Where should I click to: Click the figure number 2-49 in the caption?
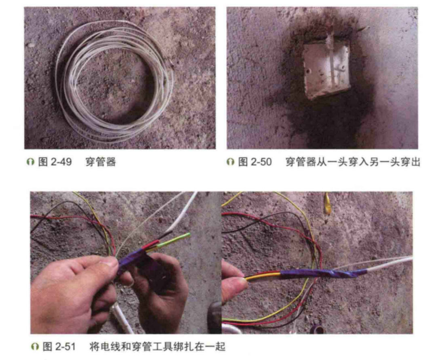[61, 162]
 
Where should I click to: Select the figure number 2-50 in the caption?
[261, 162]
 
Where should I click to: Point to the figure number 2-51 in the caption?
[65, 347]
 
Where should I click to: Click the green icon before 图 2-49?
[30, 162]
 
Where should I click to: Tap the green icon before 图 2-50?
[230, 162]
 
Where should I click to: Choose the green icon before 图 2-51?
[35, 347]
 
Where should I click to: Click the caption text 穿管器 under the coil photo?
[101, 162]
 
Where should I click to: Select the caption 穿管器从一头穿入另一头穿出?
[353, 162]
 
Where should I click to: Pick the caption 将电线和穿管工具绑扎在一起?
[157, 347]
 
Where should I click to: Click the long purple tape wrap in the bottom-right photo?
[324, 273]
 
